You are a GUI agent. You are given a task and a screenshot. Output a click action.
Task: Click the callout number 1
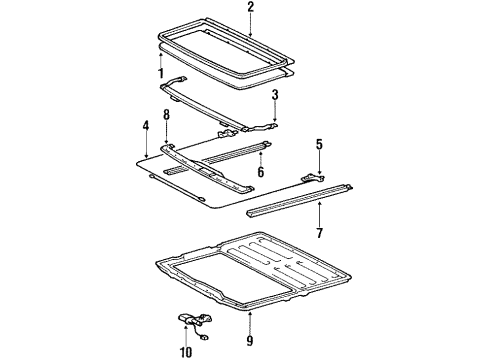click(161, 73)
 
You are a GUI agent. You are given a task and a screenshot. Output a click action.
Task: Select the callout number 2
click(250, 7)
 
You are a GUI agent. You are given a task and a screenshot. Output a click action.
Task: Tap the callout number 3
click(275, 95)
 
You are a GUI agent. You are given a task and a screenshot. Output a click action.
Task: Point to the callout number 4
click(146, 126)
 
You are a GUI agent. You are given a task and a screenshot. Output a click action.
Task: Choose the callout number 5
click(319, 144)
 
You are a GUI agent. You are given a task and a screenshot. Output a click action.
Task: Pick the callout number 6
click(261, 172)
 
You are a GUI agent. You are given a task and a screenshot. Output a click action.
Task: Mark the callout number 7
click(320, 233)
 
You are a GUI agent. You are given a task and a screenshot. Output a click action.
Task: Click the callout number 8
click(166, 115)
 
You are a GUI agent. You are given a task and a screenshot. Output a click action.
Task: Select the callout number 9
click(250, 340)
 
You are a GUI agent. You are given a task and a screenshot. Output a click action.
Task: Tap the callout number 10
click(186, 351)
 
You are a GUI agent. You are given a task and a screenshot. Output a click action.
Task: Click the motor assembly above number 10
click(195, 323)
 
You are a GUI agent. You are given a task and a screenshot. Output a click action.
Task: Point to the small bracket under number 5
click(313, 178)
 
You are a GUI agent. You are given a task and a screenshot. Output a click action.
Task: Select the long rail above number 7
click(299, 200)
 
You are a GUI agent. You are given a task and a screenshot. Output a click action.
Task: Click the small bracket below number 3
click(262, 127)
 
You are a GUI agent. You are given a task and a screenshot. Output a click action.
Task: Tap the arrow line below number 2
click(250, 24)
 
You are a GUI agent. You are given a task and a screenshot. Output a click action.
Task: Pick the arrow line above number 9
click(250, 322)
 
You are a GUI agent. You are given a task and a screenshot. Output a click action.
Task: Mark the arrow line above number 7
click(320, 214)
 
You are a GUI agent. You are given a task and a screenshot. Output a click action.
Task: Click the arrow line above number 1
click(161, 60)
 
